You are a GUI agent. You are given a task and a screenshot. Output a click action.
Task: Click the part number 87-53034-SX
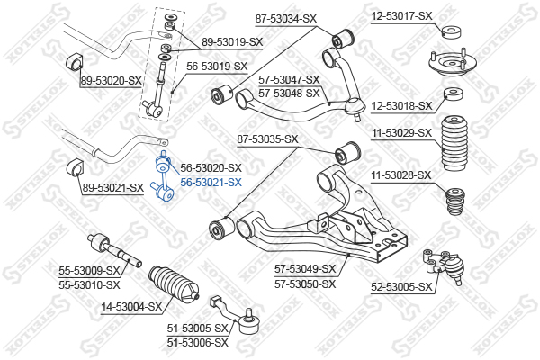(x=285, y=19)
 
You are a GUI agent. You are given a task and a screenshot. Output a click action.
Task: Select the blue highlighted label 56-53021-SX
(x=211, y=182)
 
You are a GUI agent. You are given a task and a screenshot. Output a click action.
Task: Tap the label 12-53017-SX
(x=401, y=16)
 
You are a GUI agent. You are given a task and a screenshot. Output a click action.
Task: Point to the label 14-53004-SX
(x=131, y=306)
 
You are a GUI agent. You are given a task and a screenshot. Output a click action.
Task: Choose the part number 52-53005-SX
(x=401, y=286)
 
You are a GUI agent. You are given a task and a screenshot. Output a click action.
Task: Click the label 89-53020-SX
(x=111, y=81)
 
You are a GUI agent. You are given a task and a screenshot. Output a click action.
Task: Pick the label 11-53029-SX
(x=401, y=132)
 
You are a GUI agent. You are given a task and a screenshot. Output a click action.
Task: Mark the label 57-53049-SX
(x=305, y=269)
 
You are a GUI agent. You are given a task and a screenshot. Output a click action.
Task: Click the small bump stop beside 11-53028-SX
(x=455, y=202)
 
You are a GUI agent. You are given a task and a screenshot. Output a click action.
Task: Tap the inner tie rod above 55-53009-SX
(x=114, y=250)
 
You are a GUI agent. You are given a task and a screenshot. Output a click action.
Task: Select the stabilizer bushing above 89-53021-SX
(x=75, y=168)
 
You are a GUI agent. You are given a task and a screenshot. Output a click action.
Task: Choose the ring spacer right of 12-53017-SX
(x=452, y=32)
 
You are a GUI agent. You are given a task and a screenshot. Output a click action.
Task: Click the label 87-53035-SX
(x=267, y=139)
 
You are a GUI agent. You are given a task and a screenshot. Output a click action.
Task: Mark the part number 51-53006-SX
(x=198, y=343)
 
